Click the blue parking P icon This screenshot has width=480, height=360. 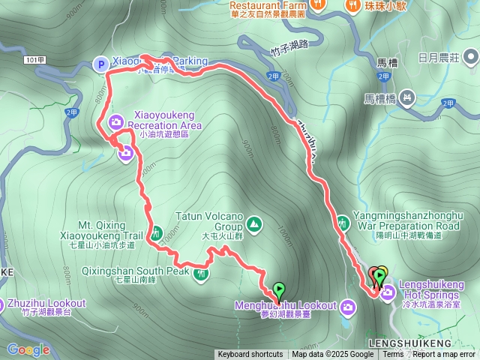[x=99, y=64]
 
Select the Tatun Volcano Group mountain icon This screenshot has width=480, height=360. [x=254, y=223]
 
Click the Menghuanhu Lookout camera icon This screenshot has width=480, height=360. [x=347, y=306]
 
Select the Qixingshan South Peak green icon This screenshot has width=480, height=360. [x=201, y=274]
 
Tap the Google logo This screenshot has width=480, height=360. [x=29, y=349]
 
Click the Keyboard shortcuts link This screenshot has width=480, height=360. [x=250, y=355]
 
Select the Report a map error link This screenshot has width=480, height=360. [x=442, y=355]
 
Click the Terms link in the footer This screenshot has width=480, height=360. [x=392, y=355]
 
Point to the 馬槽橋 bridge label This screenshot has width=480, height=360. [x=382, y=97]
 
